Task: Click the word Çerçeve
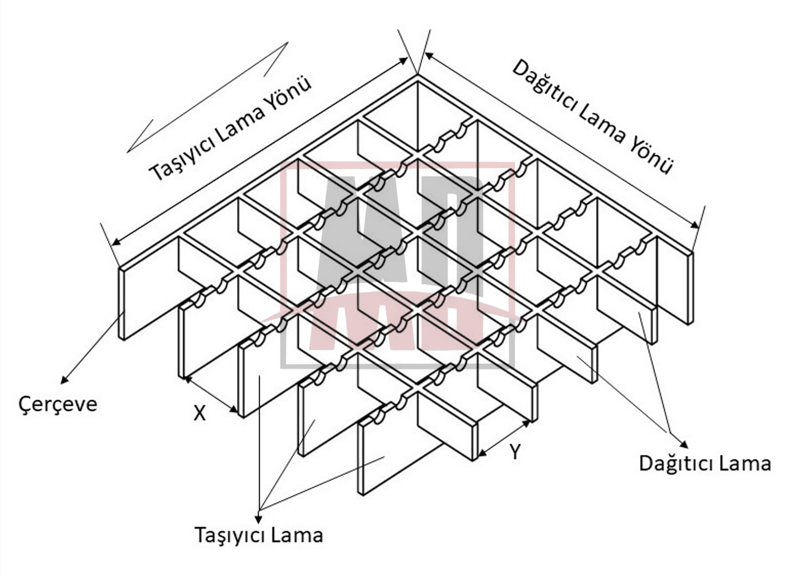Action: point(57,404)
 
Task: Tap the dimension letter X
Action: point(200,413)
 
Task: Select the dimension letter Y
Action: point(515,452)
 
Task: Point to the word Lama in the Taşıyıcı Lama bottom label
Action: point(300,535)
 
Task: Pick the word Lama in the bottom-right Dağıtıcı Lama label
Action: point(747,464)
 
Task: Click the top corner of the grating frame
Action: point(417,75)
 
